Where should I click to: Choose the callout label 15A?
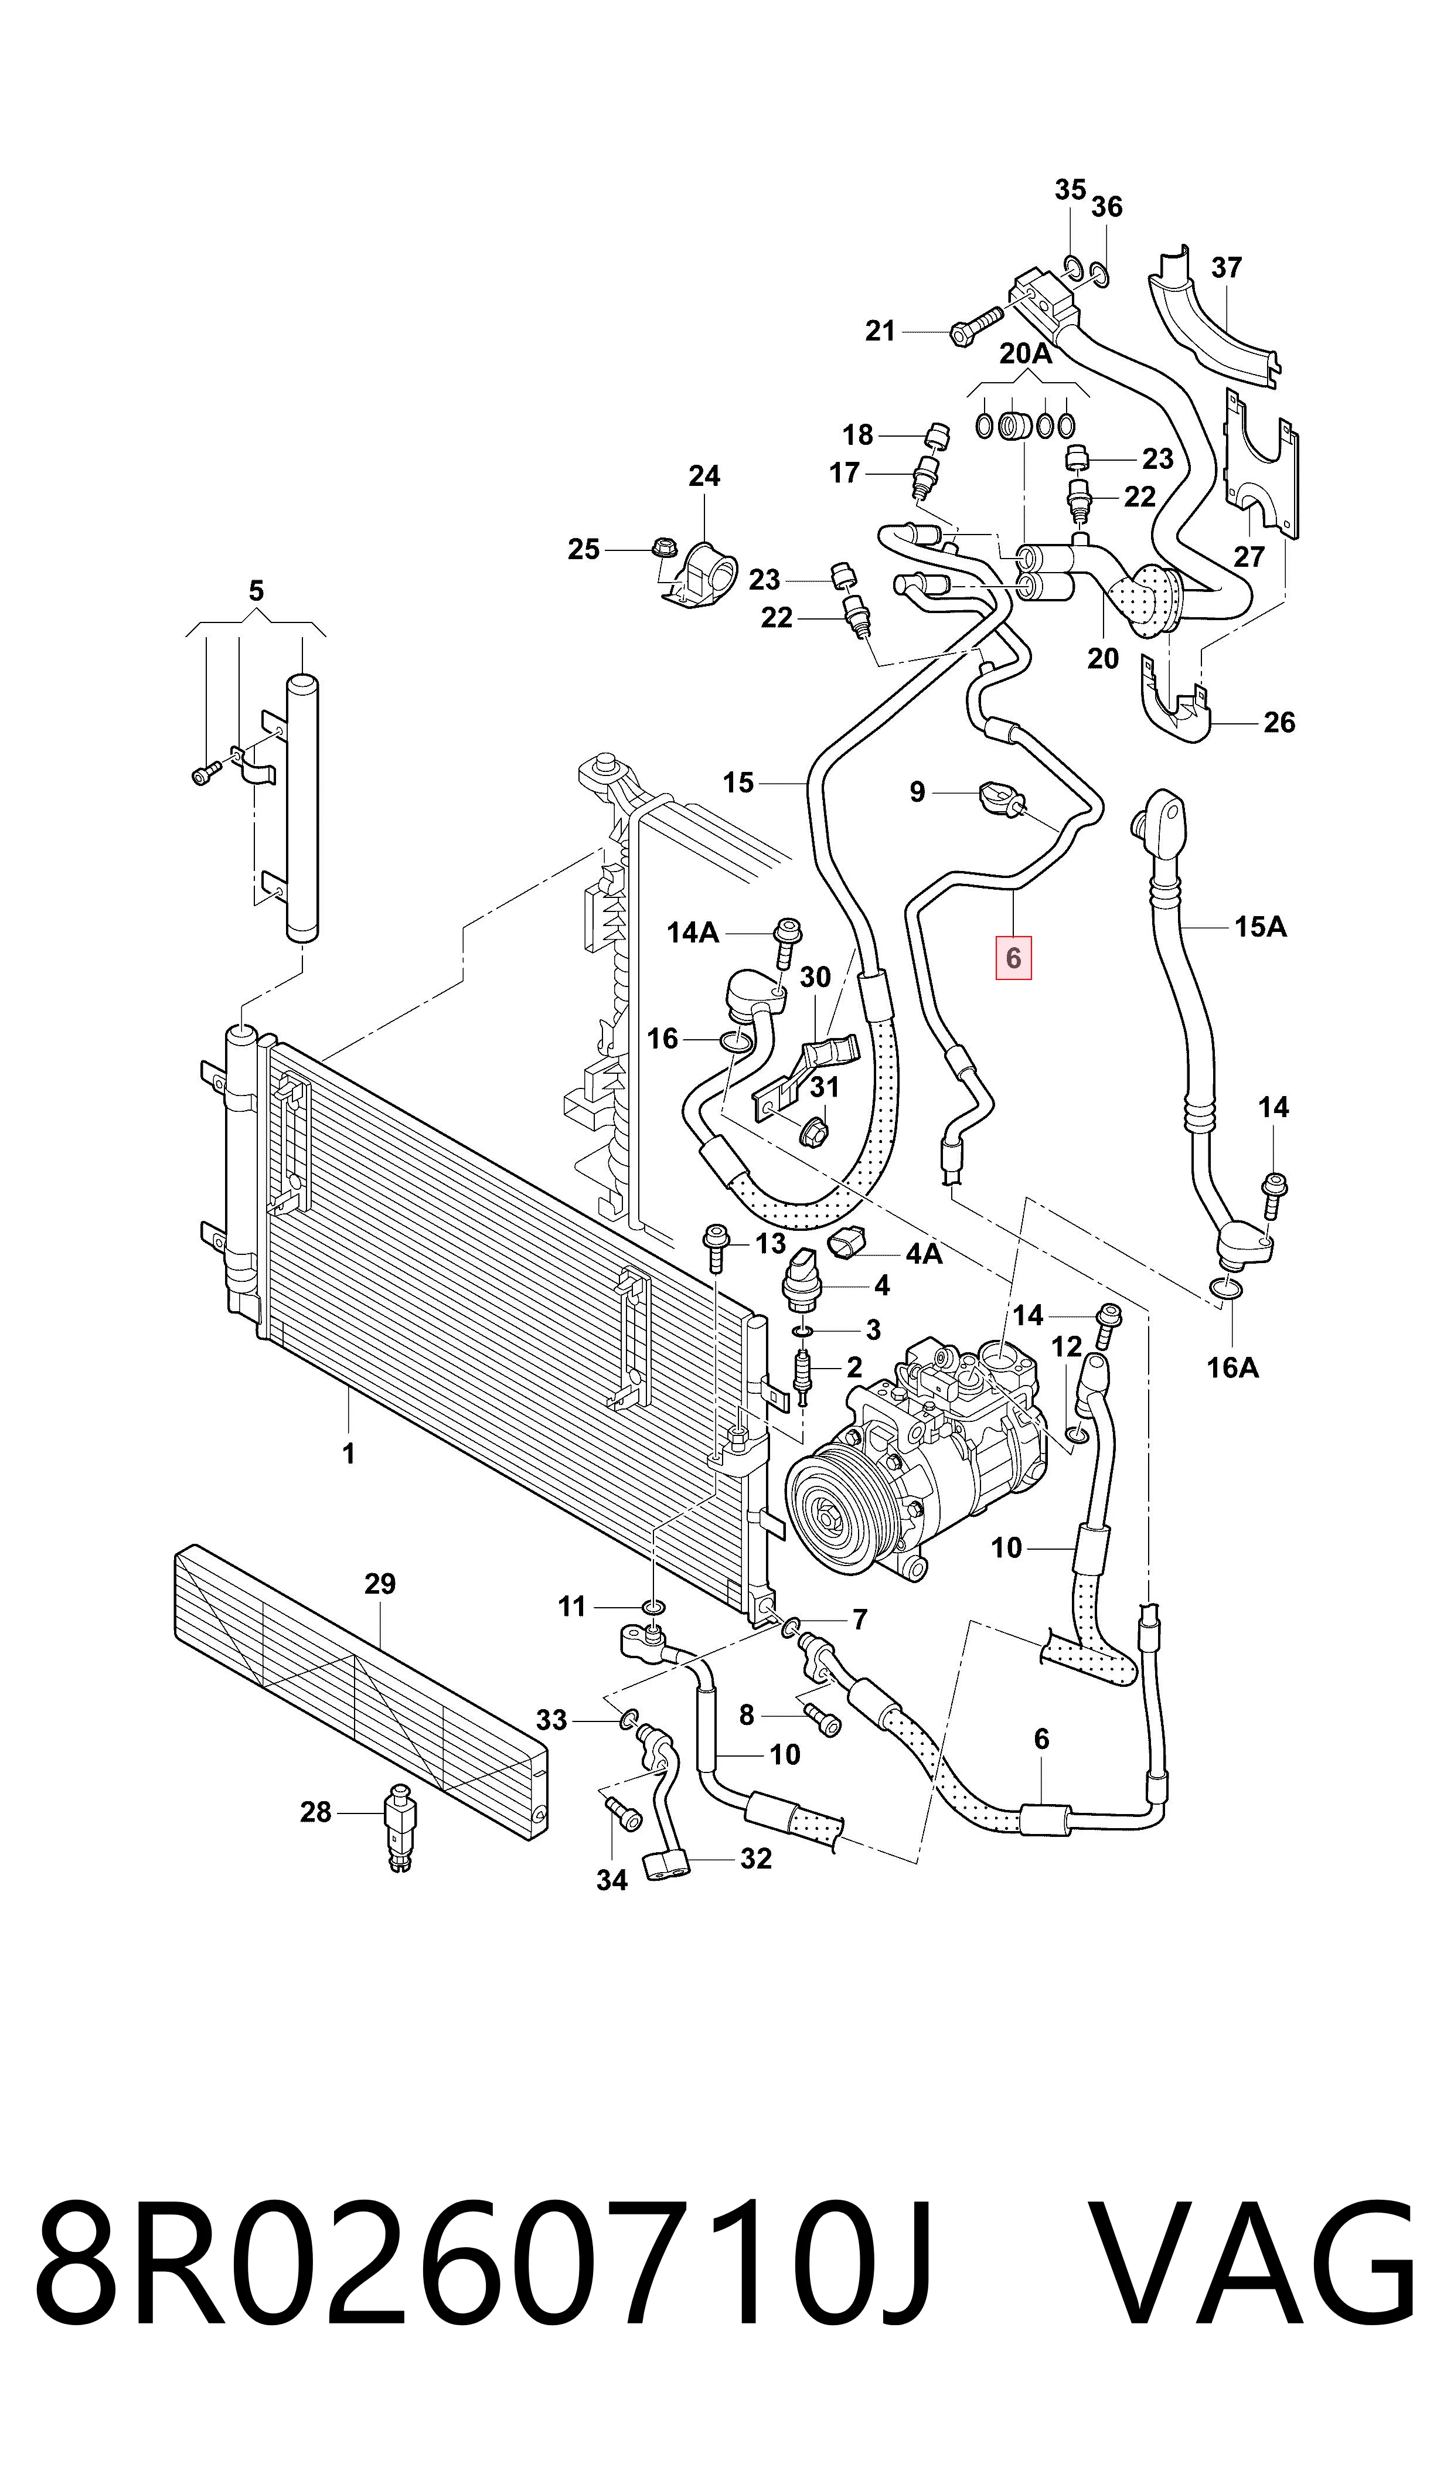(1260, 926)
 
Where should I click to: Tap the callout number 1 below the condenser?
(349, 1453)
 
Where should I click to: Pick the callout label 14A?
(693, 932)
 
